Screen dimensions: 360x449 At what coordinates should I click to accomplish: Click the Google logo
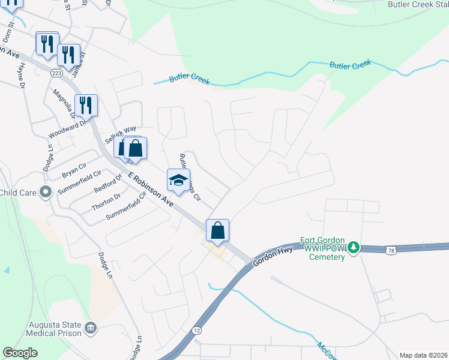click(20, 353)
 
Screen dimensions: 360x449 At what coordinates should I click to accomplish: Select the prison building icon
click(91, 327)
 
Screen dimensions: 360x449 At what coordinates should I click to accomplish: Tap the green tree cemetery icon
click(354, 247)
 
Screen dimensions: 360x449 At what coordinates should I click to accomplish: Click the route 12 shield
click(196, 331)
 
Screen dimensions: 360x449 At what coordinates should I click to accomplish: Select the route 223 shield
click(56, 73)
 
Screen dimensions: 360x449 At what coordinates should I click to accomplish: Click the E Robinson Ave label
click(151, 191)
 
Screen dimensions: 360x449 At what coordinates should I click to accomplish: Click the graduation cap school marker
click(178, 180)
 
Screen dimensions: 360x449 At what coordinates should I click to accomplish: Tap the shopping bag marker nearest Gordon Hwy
click(217, 230)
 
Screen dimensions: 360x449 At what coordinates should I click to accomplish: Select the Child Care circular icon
click(45, 193)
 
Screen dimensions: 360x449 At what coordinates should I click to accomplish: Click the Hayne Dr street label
click(20, 77)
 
